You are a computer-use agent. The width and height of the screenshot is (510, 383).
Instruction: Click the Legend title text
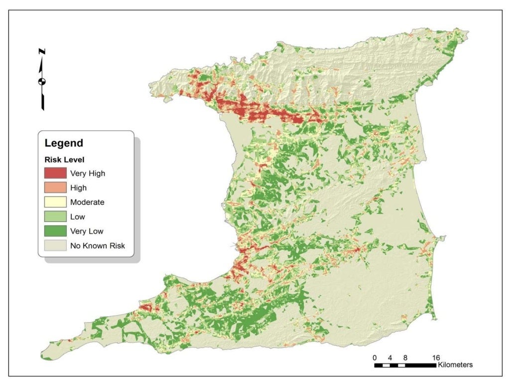click(x=64, y=143)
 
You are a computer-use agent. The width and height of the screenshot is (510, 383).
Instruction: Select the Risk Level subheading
click(x=62, y=161)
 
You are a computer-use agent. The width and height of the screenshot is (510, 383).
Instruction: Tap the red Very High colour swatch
click(x=55, y=173)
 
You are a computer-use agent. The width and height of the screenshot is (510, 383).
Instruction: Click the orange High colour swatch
click(x=55, y=188)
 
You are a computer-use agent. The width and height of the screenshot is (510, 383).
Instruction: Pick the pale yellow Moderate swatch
click(x=55, y=202)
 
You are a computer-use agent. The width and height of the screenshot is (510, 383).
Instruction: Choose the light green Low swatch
click(x=55, y=216)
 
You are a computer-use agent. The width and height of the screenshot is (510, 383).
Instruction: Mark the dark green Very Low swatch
click(x=55, y=231)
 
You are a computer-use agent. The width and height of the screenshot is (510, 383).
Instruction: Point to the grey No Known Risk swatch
click(x=55, y=245)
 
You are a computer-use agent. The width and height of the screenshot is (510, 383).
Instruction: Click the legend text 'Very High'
click(x=88, y=174)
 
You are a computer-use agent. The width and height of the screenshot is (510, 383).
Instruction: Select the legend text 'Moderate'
click(x=87, y=202)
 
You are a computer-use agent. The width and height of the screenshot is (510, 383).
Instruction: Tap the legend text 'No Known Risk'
click(x=98, y=245)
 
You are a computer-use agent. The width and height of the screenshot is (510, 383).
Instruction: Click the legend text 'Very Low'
click(x=86, y=231)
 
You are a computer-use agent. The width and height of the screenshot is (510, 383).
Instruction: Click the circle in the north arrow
click(x=42, y=81)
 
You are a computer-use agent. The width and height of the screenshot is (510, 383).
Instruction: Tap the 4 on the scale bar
click(x=390, y=358)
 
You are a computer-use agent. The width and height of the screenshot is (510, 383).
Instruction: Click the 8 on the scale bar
click(x=405, y=358)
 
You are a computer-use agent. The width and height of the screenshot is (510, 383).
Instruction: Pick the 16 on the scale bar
click(x=436, y=358)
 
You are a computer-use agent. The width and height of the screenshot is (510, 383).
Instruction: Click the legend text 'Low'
click(x=78, y=217)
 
